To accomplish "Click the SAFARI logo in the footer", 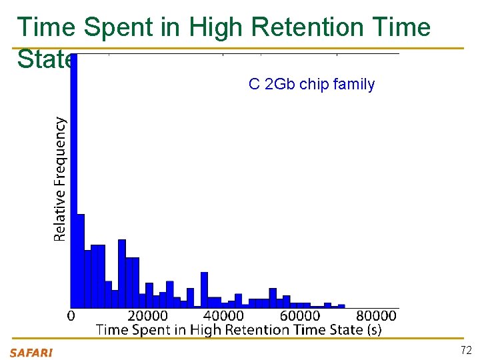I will click(x=31, y=353).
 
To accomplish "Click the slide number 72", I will click(x=466, y=351).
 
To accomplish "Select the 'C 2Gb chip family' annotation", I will click(x=311, y=85).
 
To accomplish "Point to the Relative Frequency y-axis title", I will click(x=60, y=179).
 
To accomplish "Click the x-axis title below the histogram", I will click(x=238, y=329).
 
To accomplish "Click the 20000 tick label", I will click(x=147, y=315).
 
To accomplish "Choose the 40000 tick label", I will click(x=223, y=315).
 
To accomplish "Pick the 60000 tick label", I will click(x=299, y=315).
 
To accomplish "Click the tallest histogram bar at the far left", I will click(x=74, y=180).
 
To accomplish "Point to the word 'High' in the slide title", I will click(x=207, y=27).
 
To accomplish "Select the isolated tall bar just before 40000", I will click(x=204, y=290).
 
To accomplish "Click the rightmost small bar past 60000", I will click(x=341, y=306).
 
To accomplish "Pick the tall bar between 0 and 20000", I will click(x=122, y=273).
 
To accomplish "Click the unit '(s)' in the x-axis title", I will click(x=374, y=329).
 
